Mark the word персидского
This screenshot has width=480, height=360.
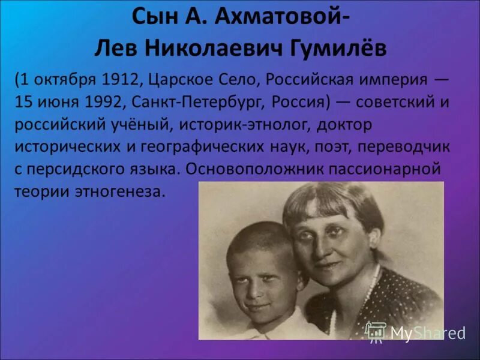coord(68,169)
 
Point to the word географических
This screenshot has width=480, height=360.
coord(205,147)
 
